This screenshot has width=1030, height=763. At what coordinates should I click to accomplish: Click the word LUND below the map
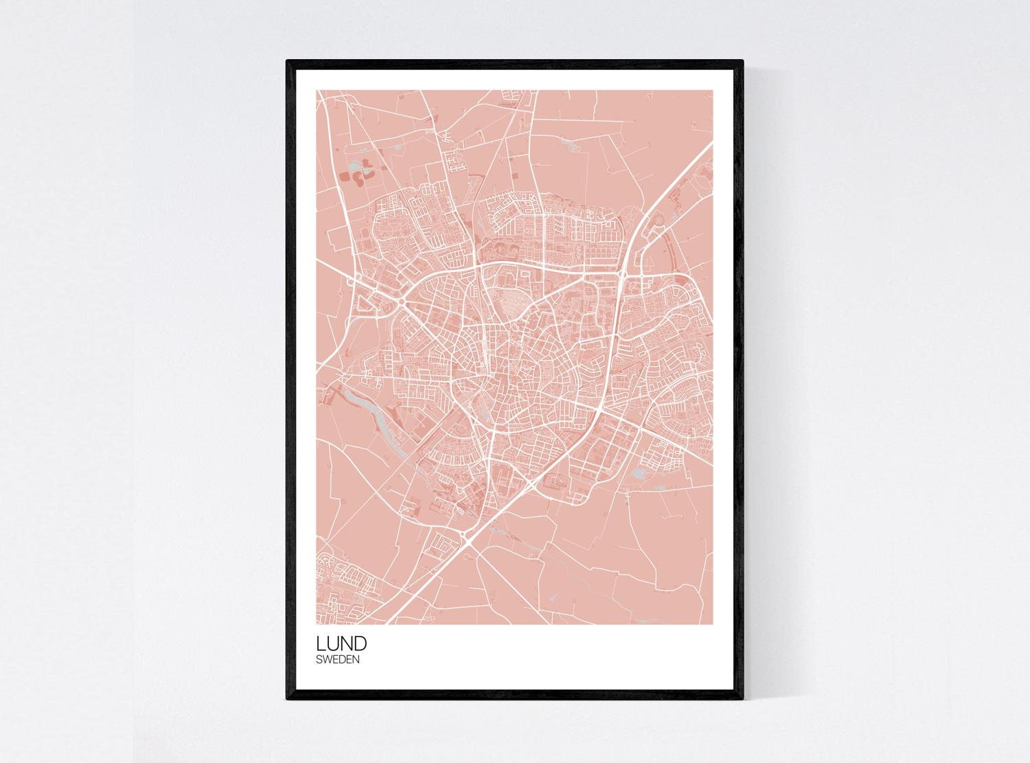click(341, 644)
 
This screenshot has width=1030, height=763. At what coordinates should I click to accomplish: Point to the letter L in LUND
click(321, 644)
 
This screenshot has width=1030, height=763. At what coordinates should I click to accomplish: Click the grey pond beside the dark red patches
click(356, 166)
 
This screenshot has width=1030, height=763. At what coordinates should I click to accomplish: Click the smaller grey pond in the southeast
click(661, 488)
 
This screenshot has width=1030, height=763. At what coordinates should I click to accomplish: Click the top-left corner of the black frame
click(288, 62)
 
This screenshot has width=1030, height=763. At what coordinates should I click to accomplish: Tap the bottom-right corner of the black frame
click(742, 698)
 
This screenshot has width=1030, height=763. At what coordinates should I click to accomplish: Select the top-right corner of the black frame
click(742, 62)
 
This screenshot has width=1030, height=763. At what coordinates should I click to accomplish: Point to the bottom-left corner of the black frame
click(288, 698)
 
